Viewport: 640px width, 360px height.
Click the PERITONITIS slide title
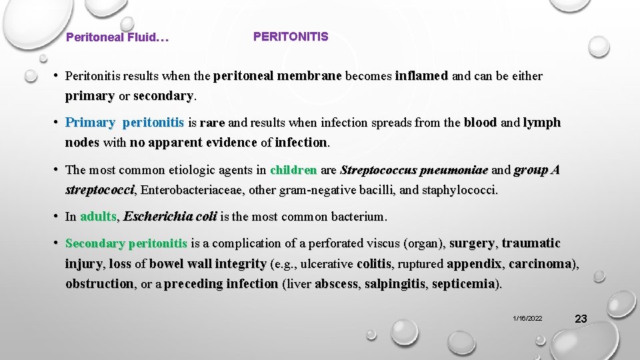click(291, 37)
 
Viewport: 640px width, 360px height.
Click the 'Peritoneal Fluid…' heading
click(117, 38)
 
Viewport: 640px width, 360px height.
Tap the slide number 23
click(580, 319)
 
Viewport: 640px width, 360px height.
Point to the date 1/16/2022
click(527, 319)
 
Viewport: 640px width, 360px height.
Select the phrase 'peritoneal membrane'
click(277, 76)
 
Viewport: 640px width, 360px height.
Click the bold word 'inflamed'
click(421, 76)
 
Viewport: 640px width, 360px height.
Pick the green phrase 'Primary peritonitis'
click(125, 123)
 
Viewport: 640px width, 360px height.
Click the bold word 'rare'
click(212, 123)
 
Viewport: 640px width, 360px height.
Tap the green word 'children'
click(293, 170)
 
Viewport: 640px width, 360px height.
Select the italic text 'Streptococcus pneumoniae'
click(414, 170)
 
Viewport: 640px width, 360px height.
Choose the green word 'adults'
click(98, 217)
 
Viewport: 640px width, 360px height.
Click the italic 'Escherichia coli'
click(170, 217)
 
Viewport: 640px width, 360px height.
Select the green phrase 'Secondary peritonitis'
click(127, 243)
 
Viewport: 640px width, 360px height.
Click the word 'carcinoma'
click(539, 263)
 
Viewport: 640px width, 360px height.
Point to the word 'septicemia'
click(464, 283)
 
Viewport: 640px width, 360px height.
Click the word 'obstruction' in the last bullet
click(99, 283)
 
